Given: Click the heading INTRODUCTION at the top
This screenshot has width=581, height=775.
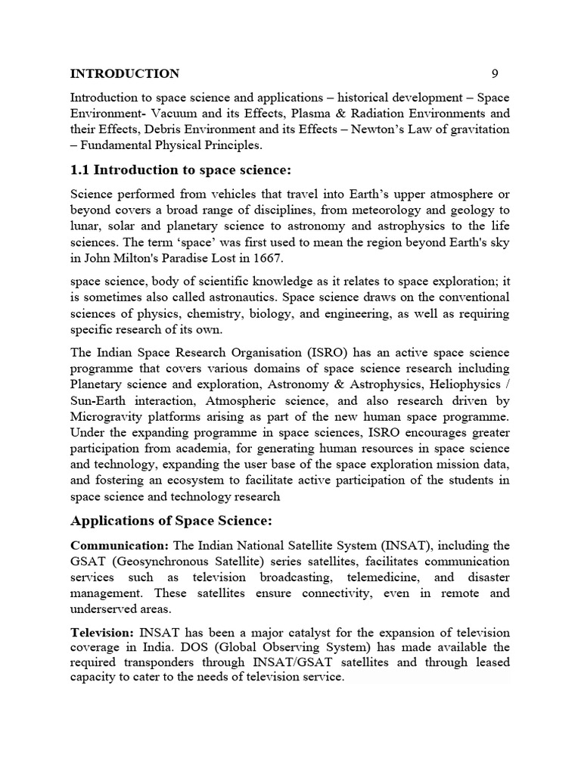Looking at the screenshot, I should [125, 73].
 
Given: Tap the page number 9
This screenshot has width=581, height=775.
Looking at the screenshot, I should [495, 73].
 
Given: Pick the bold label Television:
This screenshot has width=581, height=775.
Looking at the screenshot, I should [102, 632].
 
